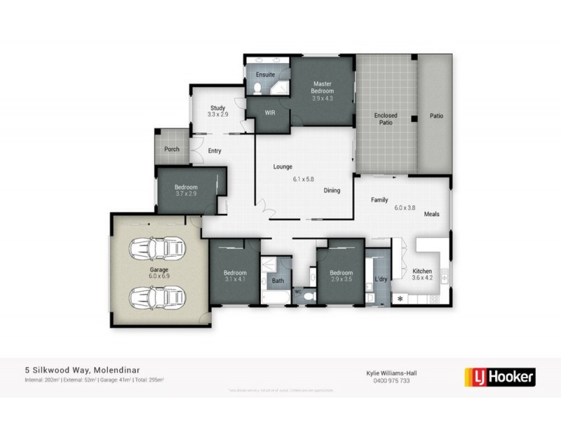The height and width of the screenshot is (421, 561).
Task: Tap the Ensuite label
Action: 265,74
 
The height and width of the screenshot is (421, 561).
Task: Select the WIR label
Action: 269,112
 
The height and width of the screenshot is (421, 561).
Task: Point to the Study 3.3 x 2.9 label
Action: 216,110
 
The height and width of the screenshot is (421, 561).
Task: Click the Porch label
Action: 172,149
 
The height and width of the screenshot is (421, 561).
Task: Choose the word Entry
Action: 215,149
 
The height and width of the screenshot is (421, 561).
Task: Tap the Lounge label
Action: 283,166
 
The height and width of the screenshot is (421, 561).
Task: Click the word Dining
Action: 332,191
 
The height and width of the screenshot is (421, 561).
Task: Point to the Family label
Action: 379,200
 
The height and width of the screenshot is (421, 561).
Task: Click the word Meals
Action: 431,214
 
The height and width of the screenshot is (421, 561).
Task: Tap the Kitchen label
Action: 422,271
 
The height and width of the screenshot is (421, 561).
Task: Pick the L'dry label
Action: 381,279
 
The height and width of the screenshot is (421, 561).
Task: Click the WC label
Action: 298,290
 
